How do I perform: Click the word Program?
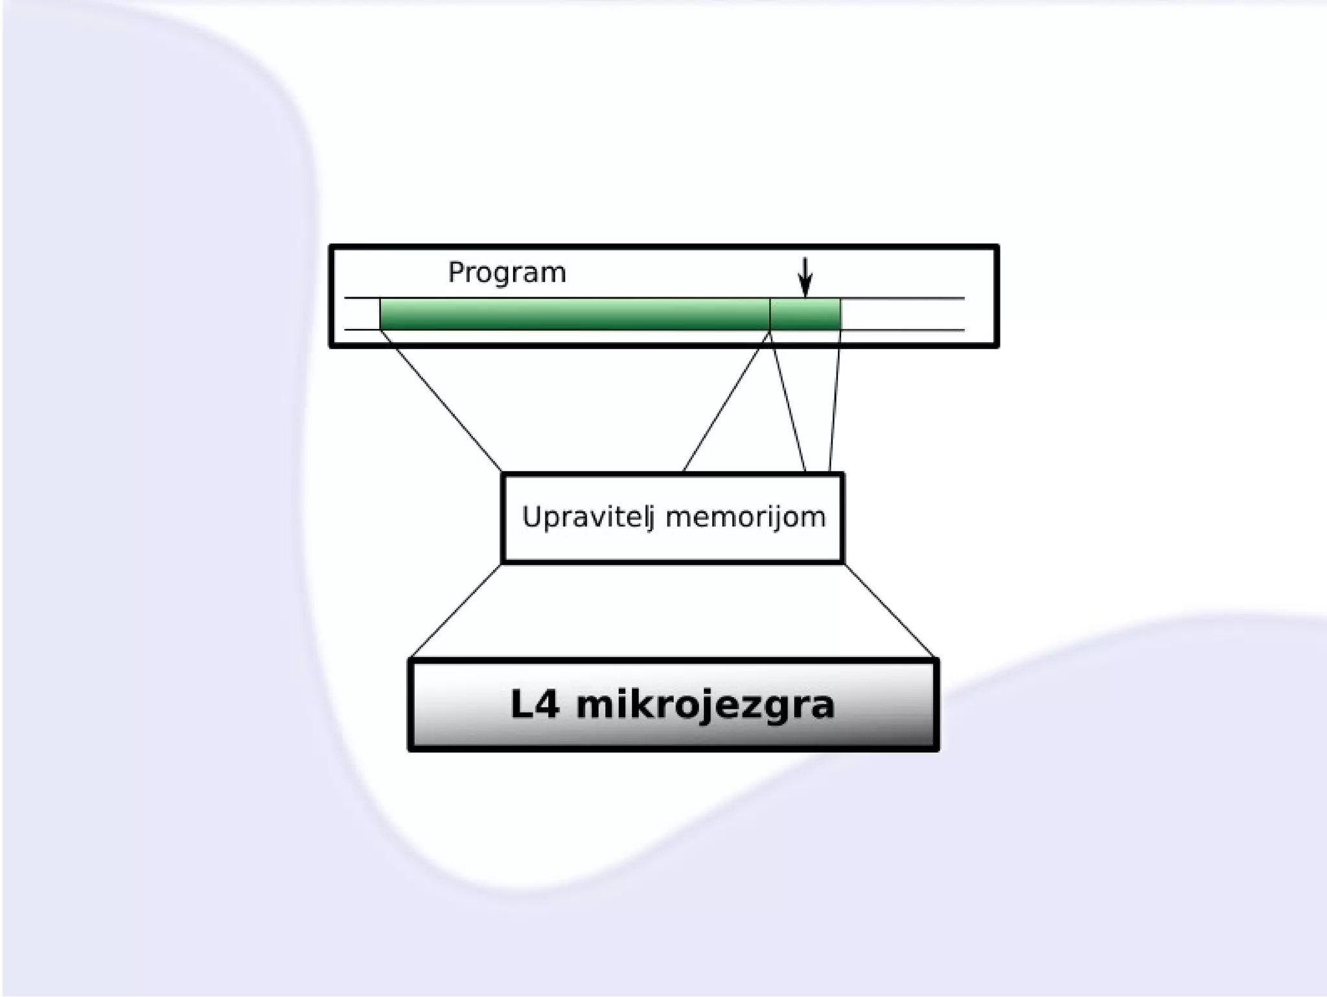[507, 273]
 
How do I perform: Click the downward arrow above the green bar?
[805, 277]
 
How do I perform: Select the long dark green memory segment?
[574, 314]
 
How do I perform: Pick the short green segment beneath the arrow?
[805, 314]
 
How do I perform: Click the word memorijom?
[745, 518]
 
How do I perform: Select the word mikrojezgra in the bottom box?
[705, 705]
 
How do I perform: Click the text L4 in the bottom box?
[535, 705]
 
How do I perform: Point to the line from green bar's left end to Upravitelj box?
[441, 402]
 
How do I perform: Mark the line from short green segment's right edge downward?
[835, 402]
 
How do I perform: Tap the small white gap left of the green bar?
[362, 314]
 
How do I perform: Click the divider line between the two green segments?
[770, 314]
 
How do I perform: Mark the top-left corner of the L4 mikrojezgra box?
[411, 660]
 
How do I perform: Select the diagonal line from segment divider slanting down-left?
[726, 402]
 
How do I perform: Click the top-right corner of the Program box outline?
[996, 247]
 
